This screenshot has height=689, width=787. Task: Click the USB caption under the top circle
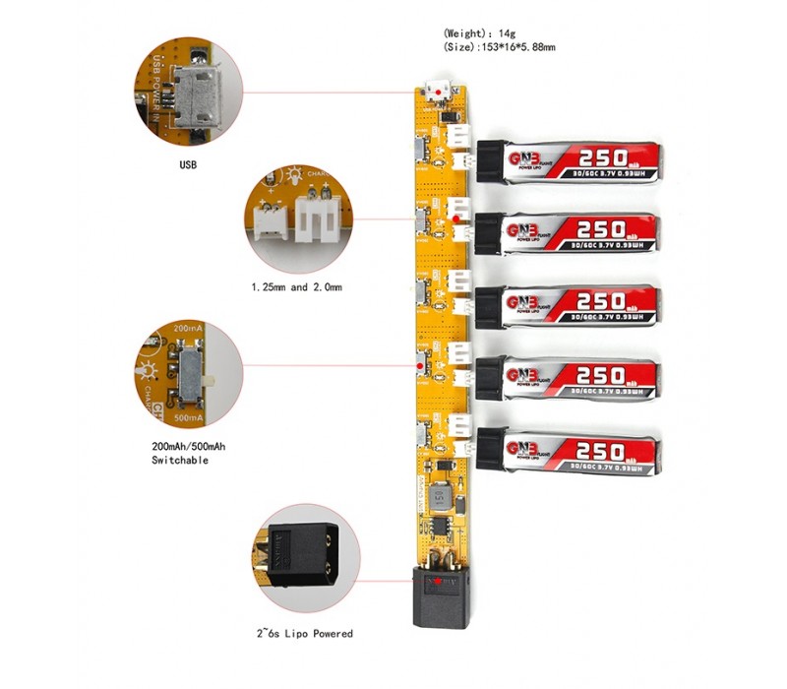(x=187, y=164)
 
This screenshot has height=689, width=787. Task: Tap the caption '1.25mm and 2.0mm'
(x=295, y=287)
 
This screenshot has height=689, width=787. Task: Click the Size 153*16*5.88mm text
(x=501, y=47)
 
